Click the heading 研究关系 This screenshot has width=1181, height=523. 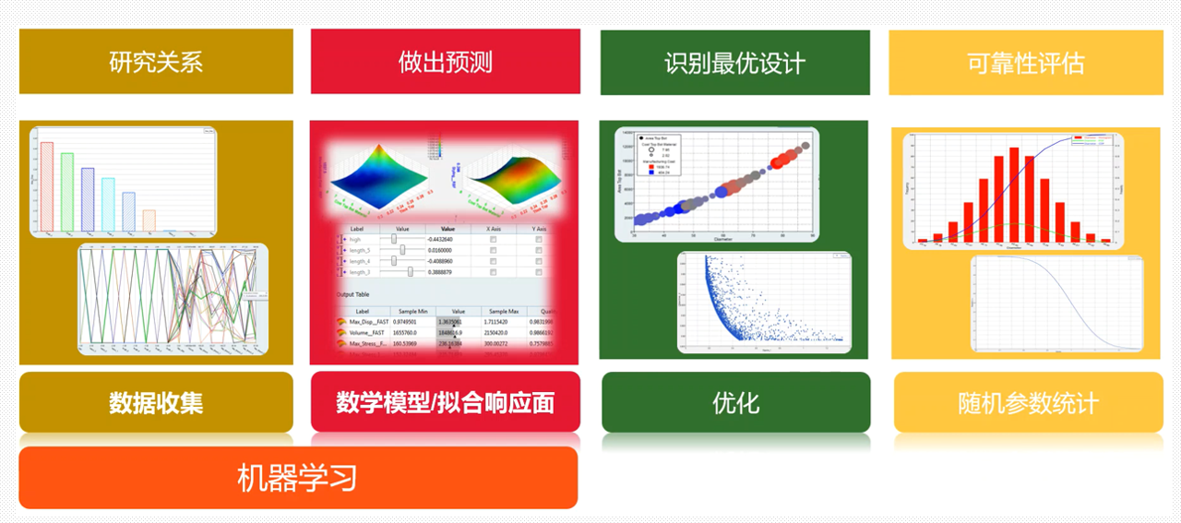click(x=156, y=62)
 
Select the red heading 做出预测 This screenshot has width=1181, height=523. click(x=445, y=62)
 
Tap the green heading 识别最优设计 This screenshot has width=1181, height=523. click(x=734, y=63)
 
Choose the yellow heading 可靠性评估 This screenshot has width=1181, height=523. click(x=1024, y=63)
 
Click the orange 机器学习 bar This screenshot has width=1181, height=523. click(x=297, y=478)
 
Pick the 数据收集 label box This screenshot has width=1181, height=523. click(x=156, y=402)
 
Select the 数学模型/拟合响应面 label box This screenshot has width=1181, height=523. click(x=445, y=402)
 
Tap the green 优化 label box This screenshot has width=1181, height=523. click(x=735, y=402)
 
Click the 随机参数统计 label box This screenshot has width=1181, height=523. click(x=1028, y=402)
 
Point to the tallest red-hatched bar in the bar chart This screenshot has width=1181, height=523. click(x=47, y=186)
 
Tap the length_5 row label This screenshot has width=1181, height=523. click(x=361, y=250)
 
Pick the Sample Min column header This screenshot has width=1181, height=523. click(x=412, y=312)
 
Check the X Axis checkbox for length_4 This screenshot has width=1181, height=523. click(x=493, y=261)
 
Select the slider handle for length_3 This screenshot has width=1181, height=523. click(x=409, y=272)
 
